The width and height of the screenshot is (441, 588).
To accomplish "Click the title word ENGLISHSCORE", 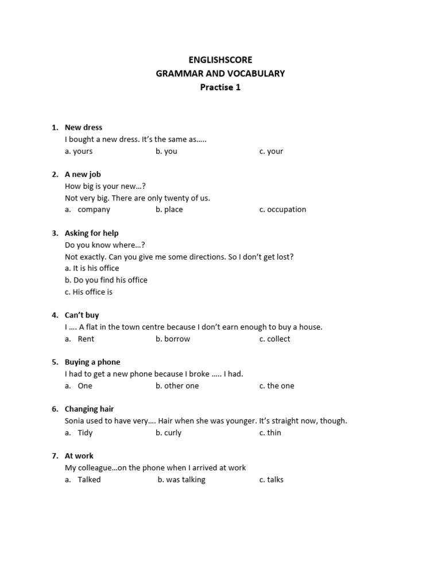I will (x=220, y=60).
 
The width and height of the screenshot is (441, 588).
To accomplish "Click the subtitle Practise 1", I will (x=220, y=87).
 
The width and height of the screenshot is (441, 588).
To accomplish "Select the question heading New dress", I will (x=83, y=127).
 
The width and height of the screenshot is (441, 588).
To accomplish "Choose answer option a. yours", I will (x=79, y=151).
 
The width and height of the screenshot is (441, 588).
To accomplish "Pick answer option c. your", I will (x=271, y=151).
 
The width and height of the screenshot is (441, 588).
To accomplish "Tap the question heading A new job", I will (x=83, y=174).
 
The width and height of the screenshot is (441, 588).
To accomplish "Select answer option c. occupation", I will (x=283, y=210).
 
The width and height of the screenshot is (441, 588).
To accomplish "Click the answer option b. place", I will (x=169, y=210).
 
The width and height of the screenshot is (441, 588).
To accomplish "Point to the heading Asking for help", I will (x=92, y=233).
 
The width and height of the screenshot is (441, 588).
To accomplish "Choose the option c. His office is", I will (x=88, y=292).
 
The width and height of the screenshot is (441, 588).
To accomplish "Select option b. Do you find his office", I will (x=106, y=280).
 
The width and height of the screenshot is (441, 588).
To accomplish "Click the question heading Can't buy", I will (x=82, y=315).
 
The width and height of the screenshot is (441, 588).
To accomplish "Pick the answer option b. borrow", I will (x=173, y=339).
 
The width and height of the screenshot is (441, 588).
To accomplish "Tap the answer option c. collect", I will (x=274, y=339).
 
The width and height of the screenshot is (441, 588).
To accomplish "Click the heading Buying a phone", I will (x=92, y=362).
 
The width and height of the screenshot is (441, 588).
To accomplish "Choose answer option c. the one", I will (x=277, y=386).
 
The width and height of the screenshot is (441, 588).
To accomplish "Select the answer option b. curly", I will (x=169, y=432).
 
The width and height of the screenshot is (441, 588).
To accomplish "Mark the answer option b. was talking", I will (x=181, y=479).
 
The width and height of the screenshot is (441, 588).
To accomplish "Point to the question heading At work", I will (x=79, y=456).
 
